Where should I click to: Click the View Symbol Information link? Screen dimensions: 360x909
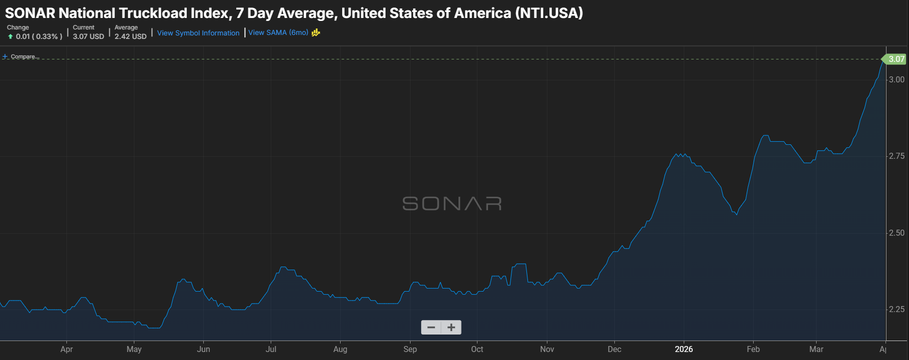[x=198, y=33]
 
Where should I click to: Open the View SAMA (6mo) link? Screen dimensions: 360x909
[x=278, y=32]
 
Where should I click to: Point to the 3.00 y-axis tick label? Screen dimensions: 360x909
[x=897, y=79]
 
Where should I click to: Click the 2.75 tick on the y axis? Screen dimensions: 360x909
[x=897, y=156]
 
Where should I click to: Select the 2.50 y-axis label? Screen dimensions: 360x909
[x=897, y=233]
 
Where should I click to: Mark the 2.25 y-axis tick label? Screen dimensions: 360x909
[x=897, y=310]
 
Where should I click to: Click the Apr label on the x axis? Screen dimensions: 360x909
[x=66, y=349]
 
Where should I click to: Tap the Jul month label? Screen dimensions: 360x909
[x=271, y=349]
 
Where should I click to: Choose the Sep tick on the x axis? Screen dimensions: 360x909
[x=410, y=349]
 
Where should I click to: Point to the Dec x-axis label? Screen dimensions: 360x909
[x=614, y=349]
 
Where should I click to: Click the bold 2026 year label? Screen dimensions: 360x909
[x=684, y=349]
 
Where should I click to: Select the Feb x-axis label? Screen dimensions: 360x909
[x=753, y=349]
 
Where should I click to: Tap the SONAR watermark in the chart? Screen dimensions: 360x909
[x=452, y=204]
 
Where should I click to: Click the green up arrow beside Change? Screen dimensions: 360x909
[x=10, y=36]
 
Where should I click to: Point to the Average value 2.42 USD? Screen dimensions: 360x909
[x=130, y=36]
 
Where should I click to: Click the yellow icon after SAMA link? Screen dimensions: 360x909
[x=316, y=32]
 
